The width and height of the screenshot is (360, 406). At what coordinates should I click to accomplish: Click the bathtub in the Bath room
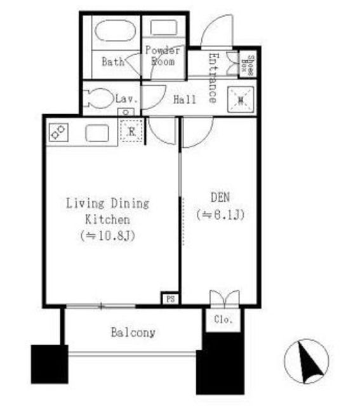116,30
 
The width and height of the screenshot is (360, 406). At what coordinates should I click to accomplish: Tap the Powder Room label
163,56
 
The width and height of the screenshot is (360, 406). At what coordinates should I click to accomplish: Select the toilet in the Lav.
100,98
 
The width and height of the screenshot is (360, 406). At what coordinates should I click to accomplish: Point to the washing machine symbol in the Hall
241,100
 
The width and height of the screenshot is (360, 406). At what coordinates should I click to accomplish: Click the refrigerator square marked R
131,131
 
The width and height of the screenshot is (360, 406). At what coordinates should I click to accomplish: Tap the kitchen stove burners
58,132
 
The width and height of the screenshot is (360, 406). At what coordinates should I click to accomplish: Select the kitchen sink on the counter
97,133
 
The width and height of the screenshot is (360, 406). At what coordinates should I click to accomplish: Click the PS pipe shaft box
170,299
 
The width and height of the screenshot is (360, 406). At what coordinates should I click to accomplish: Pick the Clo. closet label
223,320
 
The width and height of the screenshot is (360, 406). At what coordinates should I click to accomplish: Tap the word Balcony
133,332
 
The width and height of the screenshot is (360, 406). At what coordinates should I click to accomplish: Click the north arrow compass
307,361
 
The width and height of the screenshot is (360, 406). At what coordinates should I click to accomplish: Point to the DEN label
220,197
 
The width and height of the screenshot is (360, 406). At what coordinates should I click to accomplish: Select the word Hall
185,100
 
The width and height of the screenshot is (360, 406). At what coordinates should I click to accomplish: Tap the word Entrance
214,78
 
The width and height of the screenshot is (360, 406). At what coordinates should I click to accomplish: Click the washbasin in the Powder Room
164,27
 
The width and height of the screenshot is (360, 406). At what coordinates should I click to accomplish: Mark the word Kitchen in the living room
107,219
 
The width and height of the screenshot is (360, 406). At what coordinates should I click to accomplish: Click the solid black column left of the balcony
50,364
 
